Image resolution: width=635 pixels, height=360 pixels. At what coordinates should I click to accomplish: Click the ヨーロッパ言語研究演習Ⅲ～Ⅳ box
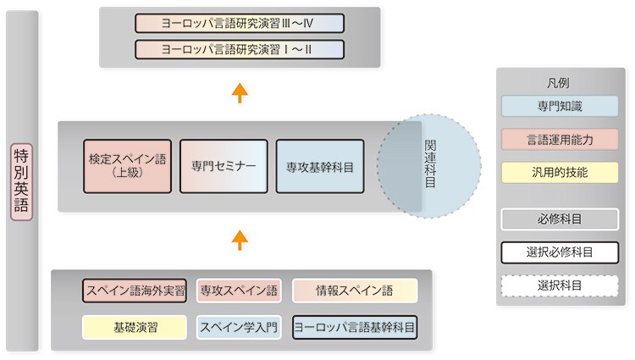pyautogui.click(x=240, y=23)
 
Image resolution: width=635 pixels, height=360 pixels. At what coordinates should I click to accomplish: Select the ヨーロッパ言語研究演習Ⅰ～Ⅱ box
pyautogui.click(x=240, y=49)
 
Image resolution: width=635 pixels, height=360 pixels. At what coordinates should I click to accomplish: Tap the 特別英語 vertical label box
pyautogui.click(x=21, y=182)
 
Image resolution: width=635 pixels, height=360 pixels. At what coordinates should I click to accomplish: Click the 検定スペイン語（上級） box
pyautogui.click(x=128, y=166)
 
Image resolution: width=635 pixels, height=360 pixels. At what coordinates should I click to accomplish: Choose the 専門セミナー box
pyautogui.click(x=224, y=166)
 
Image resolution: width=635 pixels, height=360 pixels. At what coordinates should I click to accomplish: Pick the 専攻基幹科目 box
pyautogui.click(x=320, y=166)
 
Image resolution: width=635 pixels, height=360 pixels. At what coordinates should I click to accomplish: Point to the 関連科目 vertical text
pyautogui.click(x=430, y=163)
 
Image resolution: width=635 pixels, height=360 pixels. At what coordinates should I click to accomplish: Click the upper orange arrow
pyautogui.click(x=240, y=93)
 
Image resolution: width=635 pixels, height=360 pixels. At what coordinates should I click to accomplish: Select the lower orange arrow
pyautogui.click(x=240, y=240)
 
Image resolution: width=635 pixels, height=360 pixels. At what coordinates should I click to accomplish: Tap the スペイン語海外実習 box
pyautogui.click(x=135, y=291)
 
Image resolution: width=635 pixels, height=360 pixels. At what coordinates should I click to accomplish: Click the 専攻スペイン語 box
pyautogui.click(x=239, y=291)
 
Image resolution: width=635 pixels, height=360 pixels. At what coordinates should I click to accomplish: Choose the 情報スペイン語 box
pyautogui.click(x=355, y=291)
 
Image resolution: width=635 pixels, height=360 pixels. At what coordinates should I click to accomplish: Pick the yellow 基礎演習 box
pyautogui.click(x=135, y=327)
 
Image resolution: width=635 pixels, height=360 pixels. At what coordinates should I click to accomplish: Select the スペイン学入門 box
pyautogui.click(x=239, y=327)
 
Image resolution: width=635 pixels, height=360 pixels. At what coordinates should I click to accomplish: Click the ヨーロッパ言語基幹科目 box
pyautogui.click(x=355, y=327)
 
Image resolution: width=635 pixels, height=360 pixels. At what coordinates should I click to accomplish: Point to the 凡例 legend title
pyautogui.click(x=558, y=83)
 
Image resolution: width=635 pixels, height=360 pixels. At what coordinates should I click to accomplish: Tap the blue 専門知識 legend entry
pyautogui.click(x=560, y=106)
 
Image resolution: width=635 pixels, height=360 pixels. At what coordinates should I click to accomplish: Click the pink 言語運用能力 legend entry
pyautogui.click(x=560, y=140)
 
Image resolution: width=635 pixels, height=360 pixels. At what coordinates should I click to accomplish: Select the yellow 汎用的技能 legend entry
pyautogui.click(x=560, y=173)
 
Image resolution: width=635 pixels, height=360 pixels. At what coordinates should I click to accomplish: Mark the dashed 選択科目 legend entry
pyautogui.click(x=560, y=286)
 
